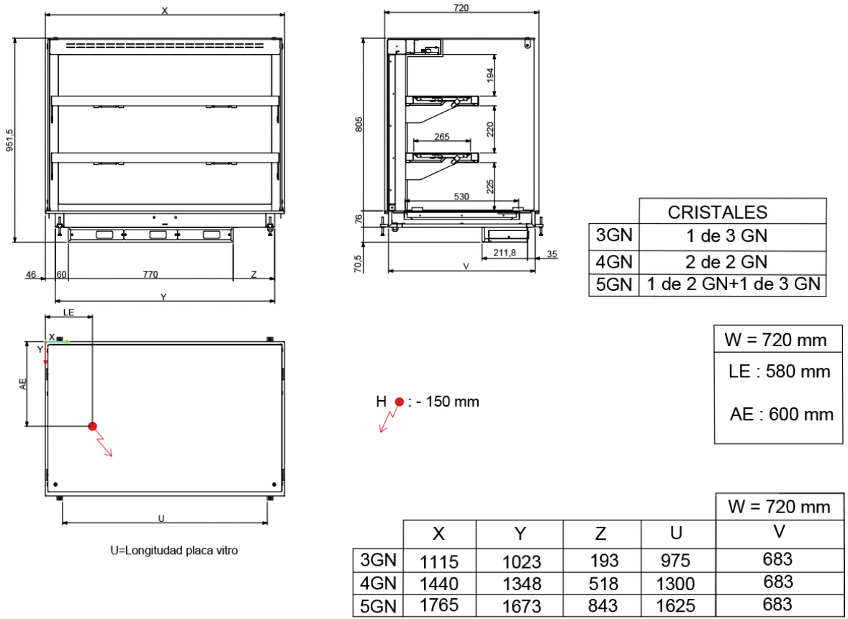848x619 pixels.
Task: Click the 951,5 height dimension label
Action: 10,140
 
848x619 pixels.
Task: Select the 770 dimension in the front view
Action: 150,275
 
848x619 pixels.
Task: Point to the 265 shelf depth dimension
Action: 442,137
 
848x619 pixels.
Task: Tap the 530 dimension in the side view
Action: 461,196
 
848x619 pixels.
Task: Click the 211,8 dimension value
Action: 505,252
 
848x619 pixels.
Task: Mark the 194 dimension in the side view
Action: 490,75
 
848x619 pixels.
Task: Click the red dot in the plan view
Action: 92,427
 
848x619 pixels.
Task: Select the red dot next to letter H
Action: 399,402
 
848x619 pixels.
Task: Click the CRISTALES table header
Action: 717,212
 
